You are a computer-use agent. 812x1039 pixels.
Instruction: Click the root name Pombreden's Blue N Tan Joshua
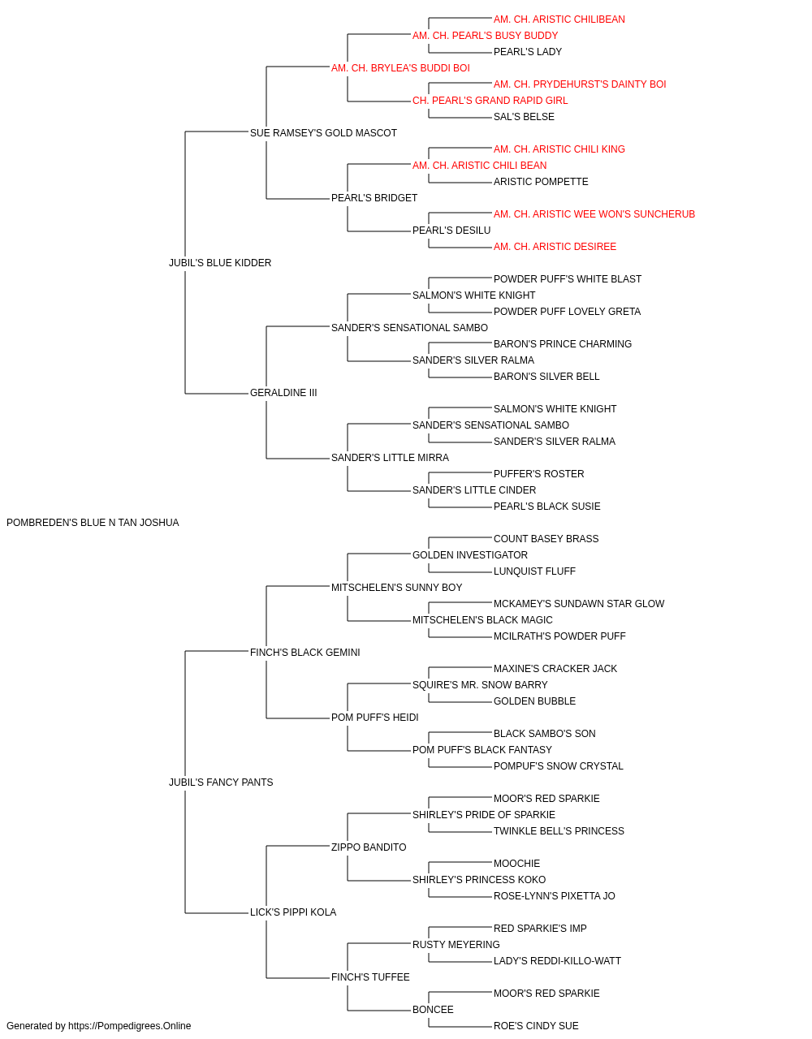pyautogui.click(x=93, y=523)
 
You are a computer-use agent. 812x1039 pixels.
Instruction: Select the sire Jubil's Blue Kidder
pyautogui.click(x=220, y=262)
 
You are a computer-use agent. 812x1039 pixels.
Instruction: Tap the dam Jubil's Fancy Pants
pyautogui.click(x=221, y=782)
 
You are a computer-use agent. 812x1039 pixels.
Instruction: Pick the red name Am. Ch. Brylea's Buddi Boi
pyautogui.click(x=400, y=68)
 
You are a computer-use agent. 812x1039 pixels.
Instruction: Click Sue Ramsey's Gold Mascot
pyautogui.click(x=323, y=133)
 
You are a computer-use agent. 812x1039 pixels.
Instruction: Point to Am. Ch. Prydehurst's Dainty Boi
pyautogui.click(x=580, y=84)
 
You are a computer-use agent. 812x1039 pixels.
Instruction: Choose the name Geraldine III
pyautogui.click(x=283, y=393)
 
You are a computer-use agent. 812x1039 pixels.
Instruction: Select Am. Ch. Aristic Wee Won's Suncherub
pyautogui.click(x=594, y=214)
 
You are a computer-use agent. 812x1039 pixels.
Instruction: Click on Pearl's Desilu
pyautogui.click(x=451, y=231)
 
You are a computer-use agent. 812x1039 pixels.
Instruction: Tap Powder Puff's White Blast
pyautogui.click(x=567, y=278)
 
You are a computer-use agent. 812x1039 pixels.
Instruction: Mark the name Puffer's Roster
pyautogui.click(x=538, y=474)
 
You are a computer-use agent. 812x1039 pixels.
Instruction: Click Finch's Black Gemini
pyautogui.click(x=304, y=652)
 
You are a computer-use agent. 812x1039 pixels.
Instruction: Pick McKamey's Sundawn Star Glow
pyautogui.click(x=579, y=603)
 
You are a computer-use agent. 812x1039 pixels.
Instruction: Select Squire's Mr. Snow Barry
pyautogui.click(x=480, y=685)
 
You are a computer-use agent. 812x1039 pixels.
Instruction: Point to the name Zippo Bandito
pyautogui.click(x=368, y=847)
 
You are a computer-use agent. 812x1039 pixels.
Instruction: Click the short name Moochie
pyautogui.click(x=516, y=864)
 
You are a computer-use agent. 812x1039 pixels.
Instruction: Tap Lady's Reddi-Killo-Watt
pyautogui.click(x=557, y=960)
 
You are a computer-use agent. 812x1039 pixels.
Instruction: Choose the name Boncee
pyautogui.click(x=433, y=1009)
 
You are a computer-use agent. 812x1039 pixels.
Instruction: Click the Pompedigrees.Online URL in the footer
pyautogui.click(x=129, y=1026)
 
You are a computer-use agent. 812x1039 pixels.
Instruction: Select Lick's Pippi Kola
pyautogui.click(x=292, y=912)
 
